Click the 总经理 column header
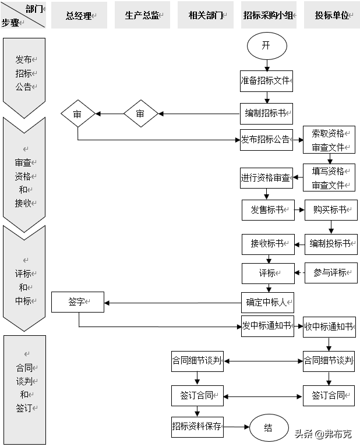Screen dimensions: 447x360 click(79, 16)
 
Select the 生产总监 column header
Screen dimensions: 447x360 click(142, 16)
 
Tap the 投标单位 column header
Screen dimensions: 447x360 click(331, 16)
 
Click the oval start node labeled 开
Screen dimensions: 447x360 click(266, 46)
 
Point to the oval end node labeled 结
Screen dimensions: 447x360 click(269, 428)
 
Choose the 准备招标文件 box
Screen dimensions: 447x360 click(266, 80)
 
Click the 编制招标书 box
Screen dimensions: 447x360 click(266, 113)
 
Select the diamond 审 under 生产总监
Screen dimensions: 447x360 click(140, 114)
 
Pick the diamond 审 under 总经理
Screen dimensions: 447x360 click(77, 114)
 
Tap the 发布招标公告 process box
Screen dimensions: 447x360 click(266, 140)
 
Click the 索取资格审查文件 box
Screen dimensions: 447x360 click(329, 140)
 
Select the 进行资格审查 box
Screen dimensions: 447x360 click(266, 178)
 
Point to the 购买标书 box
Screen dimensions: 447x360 click(330, 210)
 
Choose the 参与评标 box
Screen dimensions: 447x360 click(330, 272)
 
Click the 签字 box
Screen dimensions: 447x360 click(77, 301)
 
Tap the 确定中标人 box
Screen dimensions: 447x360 click(267, 302)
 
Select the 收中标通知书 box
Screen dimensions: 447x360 click(329, 327)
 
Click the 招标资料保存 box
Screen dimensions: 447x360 click(197, 426)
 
